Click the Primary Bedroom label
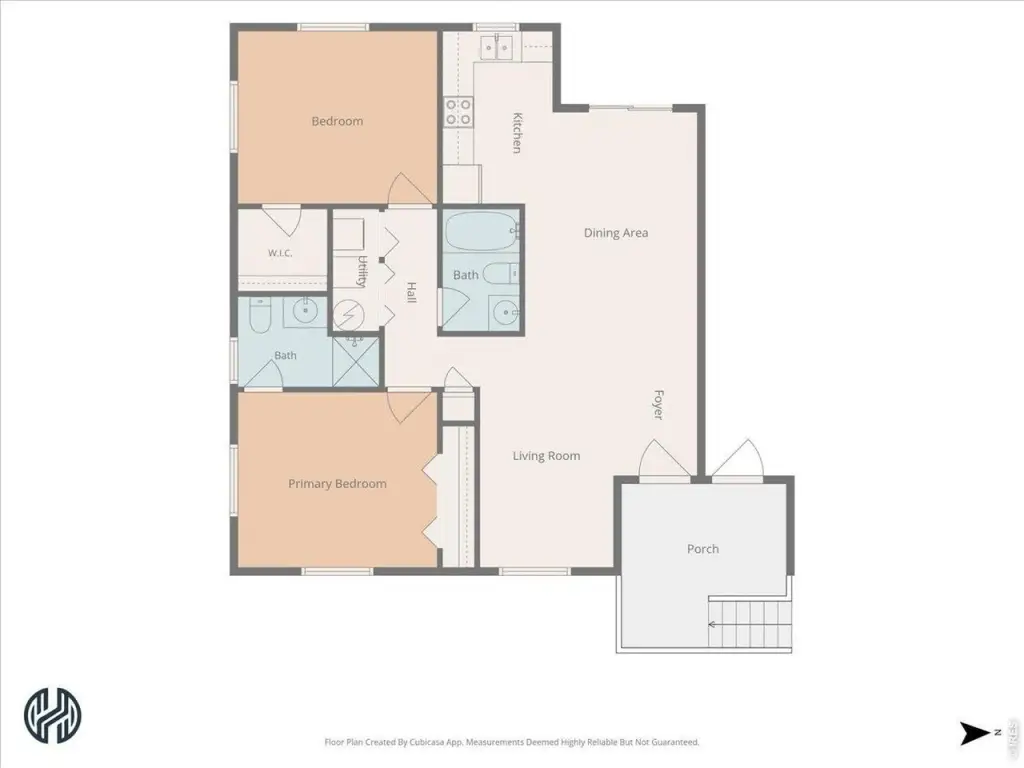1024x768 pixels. point(337,484)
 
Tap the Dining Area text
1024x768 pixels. point(616,233)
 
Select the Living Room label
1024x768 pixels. point(546,456)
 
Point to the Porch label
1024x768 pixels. point(703,549)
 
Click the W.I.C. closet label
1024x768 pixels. point(280,253)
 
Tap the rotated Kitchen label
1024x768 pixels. point(517,133)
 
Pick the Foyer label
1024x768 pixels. point(659,405)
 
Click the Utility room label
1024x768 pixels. point(361,271)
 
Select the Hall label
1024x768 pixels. point(411,292)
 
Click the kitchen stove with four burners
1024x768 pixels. point(458,112)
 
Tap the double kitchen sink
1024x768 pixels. point(496,48)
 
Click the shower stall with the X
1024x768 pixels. point(355,361)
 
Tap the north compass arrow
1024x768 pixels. point(974,733)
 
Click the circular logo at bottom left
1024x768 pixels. point(53,715)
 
